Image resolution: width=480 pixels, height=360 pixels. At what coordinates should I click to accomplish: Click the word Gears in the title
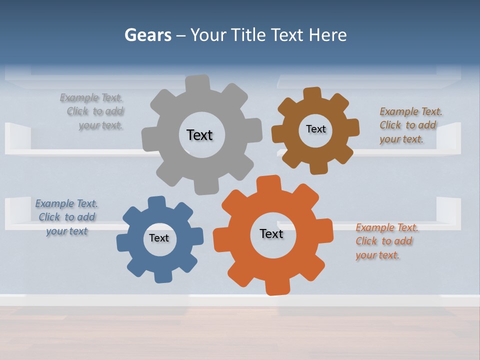coord(147,35)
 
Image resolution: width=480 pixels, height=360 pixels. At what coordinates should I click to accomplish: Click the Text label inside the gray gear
coord(199,135)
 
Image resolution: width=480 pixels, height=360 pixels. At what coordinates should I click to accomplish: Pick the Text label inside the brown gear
coord(315,129)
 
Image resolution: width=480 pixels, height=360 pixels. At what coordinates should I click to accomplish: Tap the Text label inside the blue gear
coord(159,238)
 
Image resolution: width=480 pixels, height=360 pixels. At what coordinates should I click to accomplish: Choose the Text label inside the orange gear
coord(271,233)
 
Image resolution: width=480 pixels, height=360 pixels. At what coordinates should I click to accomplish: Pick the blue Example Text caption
coord(67,217)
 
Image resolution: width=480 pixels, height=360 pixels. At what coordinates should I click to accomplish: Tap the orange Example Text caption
coord(385,241)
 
